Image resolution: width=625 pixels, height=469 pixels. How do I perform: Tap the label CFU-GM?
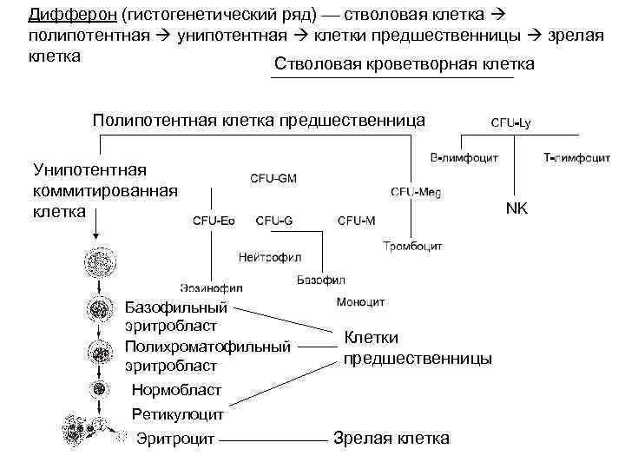click(273, 178)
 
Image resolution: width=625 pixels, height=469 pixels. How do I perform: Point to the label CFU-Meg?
click(416, 192)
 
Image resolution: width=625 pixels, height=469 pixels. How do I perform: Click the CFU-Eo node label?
click(214, 221)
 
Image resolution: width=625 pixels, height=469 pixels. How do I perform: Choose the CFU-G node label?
click(273, 221)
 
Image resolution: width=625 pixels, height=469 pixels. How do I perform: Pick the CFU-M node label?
click(356, 221)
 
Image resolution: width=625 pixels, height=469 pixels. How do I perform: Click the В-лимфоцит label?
click(463, 159)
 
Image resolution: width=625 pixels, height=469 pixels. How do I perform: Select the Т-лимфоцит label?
click(574, 159)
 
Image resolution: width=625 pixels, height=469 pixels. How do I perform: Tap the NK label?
click(516, 209)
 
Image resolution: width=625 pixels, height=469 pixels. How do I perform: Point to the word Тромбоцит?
click(412, 247)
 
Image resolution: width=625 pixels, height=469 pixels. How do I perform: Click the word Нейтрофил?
click(270, 258)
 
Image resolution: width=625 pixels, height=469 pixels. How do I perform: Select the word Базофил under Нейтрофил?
click(321, 281)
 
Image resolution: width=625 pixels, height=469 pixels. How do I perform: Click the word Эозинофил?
click(212, 287)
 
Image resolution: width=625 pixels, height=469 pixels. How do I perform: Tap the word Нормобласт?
click(176, 390)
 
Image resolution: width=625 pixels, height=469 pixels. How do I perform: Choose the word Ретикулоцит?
click(178, 414)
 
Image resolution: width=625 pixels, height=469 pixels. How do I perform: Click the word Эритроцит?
click(176, 439)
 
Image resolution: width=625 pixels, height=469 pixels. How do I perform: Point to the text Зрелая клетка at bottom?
click(391, 439)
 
